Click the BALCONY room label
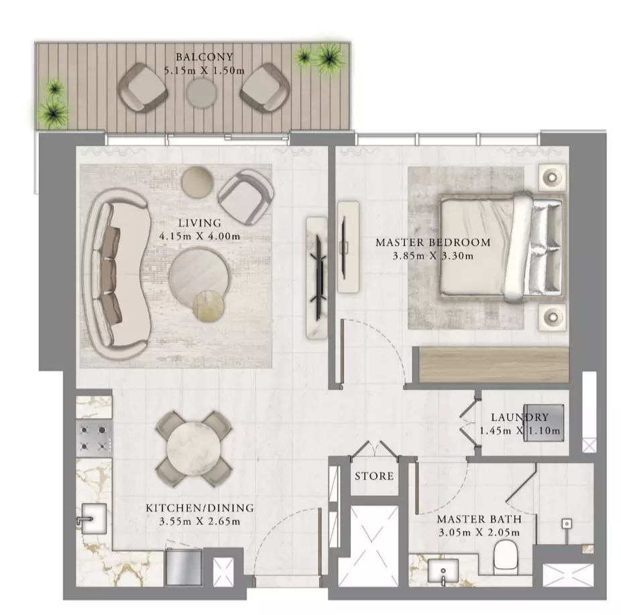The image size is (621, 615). (205, 57)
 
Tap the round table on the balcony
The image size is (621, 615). (202, 93)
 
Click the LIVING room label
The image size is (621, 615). (199, 223)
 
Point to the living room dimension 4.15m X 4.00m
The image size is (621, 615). (200, 236)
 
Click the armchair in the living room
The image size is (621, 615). (245, 197)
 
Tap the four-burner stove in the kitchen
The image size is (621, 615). (93, 439)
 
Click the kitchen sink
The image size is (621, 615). (93, 519)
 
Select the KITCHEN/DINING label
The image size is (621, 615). (200, 508)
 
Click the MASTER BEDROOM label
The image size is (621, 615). (433, 243)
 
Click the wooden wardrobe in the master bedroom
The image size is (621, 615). (494, 364)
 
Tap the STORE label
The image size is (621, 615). (374, 476)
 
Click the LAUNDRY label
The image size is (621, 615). (520, 417)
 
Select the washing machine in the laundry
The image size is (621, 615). (543, 423)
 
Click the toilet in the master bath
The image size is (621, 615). (506, 557)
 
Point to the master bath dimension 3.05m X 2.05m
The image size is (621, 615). (479, 533)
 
